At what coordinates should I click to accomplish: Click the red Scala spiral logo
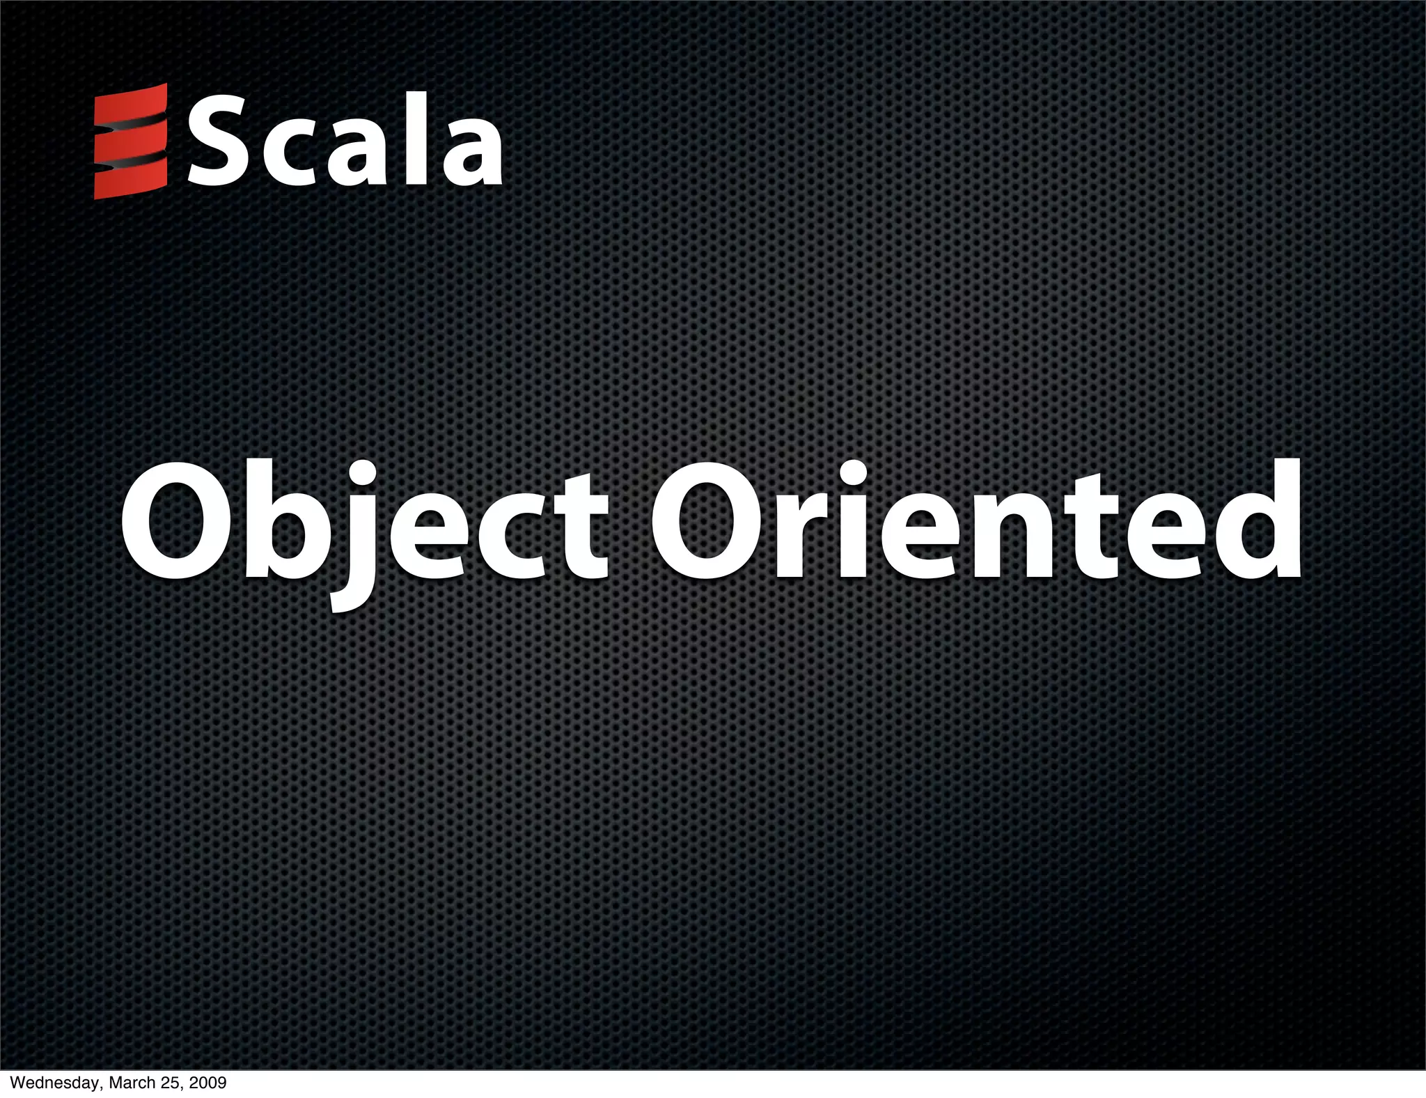[x=130, y=141]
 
